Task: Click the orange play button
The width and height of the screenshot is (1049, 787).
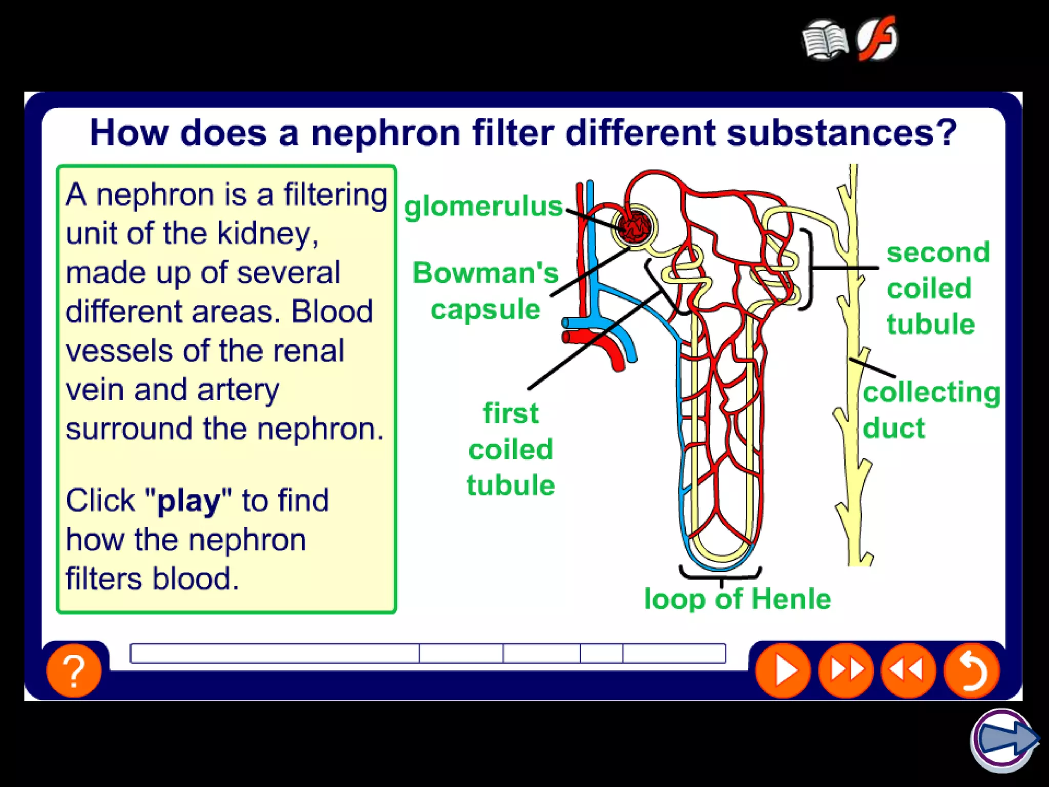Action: click(x=783, y=670)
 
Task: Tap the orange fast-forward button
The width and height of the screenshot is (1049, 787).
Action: click(x=846, y=670)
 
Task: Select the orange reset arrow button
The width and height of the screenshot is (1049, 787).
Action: click(x=971, y=670)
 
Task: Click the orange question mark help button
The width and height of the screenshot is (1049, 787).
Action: click(x=74, y=670)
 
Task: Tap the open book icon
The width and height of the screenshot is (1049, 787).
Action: click(x=825, y=40)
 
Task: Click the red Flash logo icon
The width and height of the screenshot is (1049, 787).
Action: click(x=878, y=38)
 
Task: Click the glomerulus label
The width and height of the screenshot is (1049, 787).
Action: click(x=483, y=206)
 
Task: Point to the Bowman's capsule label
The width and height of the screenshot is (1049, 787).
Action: click(x=485, y=291)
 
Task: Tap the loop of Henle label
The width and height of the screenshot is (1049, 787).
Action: click(x=737, y=598)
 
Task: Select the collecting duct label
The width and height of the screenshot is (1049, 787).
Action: click(x=930, y=409)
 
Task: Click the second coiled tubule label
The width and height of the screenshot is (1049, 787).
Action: click(x=937, y=288)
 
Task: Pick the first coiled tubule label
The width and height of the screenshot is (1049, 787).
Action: click(x=511, y=449)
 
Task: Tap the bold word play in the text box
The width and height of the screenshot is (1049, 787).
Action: click(x=188, y=501)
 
